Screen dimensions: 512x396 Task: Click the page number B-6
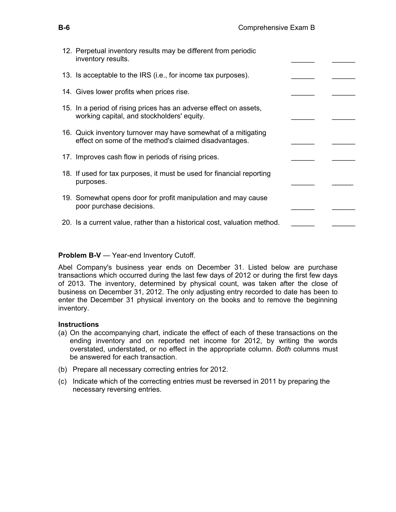click(x=64, y=28)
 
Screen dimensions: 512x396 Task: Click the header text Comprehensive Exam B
click(x=276, y=28)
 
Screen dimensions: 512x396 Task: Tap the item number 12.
click(x=67, y=51)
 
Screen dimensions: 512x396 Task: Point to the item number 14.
click(x=67, y=92)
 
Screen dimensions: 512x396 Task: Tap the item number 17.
click(x=67, y=157)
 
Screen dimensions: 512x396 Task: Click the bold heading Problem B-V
click(x=77, y=255)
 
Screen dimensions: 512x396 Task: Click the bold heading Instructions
click(x=79, y=324)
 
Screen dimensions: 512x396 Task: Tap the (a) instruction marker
click(x=63, y=333)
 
